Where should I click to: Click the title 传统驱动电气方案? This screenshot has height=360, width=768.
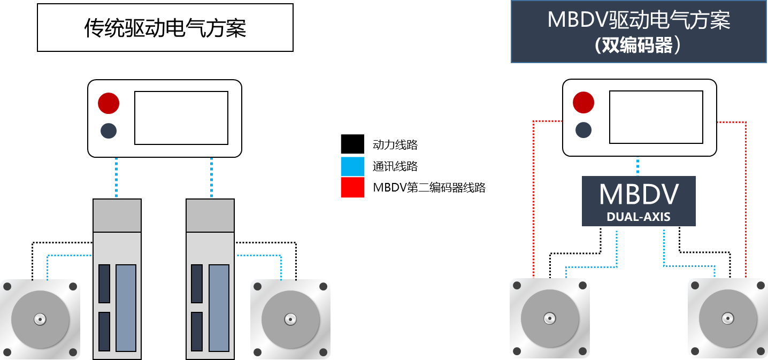(165, 28)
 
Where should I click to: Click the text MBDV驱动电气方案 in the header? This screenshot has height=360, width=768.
(639, 21)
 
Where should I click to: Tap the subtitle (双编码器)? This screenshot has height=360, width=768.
(639, 46)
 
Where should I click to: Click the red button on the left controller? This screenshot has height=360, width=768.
(108, 103)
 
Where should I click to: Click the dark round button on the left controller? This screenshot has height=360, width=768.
(109, 131)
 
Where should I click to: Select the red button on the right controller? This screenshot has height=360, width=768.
(583, 103)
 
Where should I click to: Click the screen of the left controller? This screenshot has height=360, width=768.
(181, 118)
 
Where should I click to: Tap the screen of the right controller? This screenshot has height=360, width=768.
(656, 117)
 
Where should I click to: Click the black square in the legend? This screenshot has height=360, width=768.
(352, 144)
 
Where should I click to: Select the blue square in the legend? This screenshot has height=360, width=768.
(352, 166)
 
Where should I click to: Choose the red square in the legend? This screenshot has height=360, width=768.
(352, 188)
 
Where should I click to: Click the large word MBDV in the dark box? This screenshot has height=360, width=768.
(639, 195)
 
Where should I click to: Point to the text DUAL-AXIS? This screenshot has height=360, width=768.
(639, 217)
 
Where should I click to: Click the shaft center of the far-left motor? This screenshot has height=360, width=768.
(40, 319)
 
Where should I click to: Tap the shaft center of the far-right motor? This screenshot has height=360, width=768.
(727, 319)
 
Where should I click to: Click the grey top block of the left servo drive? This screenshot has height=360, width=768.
(117, 216)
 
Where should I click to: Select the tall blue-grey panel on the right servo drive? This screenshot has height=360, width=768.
(219, 308)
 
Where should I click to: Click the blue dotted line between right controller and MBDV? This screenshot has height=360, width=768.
(638, 166)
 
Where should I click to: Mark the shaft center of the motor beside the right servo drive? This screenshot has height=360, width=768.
(290, 319)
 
